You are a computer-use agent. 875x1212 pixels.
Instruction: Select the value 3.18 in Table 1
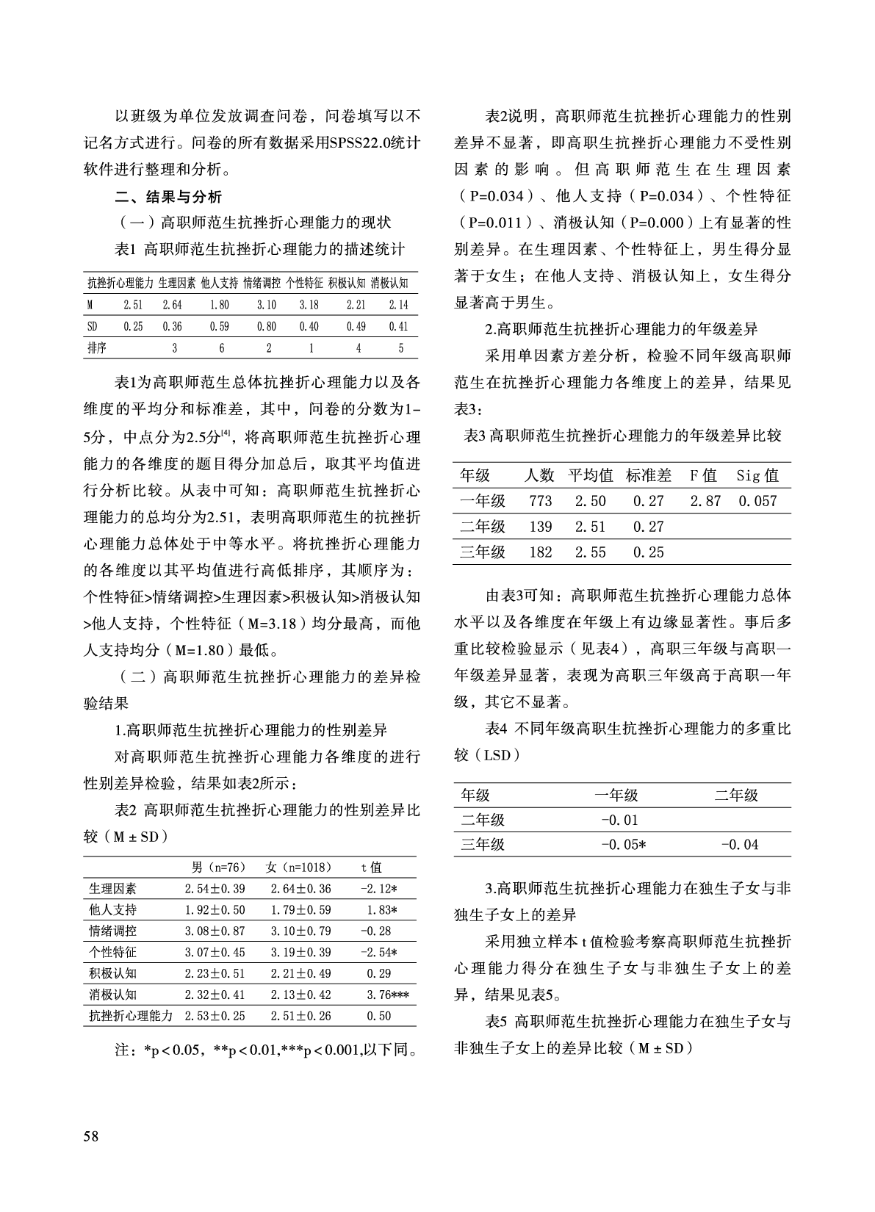coord(309,305)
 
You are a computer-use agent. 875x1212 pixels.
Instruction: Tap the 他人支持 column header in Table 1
coord(219,283)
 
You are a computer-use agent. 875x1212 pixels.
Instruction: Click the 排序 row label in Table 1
coord(97,348)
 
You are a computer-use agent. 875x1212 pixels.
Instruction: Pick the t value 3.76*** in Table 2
coord(387,995)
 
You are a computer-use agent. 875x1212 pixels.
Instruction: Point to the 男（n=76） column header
coord(218,867)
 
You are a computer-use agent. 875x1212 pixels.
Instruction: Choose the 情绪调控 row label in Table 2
coord(112,931)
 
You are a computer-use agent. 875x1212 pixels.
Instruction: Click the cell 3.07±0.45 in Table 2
coord(215,952)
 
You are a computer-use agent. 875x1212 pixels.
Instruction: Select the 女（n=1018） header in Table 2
coord(299,867)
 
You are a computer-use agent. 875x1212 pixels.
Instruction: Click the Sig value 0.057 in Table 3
coord(757,501)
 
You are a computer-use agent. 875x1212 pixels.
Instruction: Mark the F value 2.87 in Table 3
coord(705,501)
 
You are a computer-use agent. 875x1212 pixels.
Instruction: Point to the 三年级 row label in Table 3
coord(483,552)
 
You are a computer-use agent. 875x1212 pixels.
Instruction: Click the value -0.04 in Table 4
coord(739,845)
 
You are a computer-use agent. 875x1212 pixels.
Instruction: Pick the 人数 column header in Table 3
coord(539,475)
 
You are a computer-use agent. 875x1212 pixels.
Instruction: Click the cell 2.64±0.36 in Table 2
coord(300,889)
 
